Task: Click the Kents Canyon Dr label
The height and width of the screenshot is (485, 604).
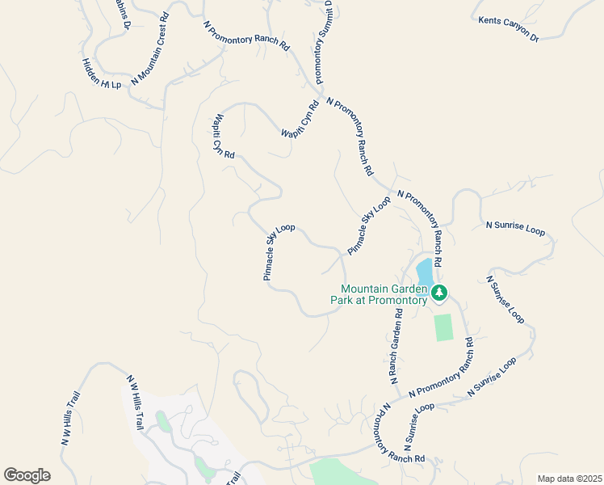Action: (x=508, y=28)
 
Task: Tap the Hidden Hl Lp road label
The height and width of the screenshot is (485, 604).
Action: (x=101, y=74)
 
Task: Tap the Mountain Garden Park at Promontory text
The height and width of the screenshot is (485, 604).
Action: (x=384, y=294)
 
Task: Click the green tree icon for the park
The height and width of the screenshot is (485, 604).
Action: (x=438, y=293)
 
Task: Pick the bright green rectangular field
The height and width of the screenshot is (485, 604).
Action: (x=443, y=327)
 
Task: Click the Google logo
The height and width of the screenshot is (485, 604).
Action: (x=27, y=475)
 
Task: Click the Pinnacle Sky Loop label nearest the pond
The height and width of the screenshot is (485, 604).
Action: (x=370, y=226)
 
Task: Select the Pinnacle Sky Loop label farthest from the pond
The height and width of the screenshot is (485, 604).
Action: (x=275, y=252)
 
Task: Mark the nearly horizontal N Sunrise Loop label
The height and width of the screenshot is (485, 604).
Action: (x=514, y=228)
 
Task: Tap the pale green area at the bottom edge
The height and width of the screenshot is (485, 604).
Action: (x=334, y=472)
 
